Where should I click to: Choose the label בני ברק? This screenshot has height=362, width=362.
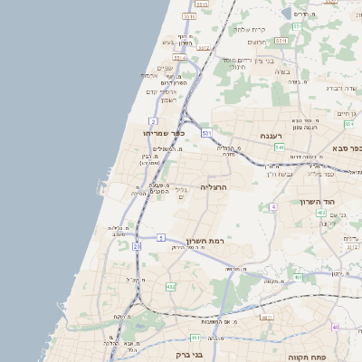187,355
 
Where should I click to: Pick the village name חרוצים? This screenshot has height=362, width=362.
257,43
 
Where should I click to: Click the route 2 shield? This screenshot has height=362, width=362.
154,120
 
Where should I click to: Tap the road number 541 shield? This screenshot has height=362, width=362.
281,147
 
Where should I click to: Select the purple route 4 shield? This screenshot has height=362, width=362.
272,207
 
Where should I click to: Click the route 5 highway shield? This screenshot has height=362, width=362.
161,237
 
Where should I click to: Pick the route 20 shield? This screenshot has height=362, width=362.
137,245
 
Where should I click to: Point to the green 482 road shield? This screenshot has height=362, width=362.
170,287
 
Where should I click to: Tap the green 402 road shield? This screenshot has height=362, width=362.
321,213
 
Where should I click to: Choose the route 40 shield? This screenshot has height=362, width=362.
334,327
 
